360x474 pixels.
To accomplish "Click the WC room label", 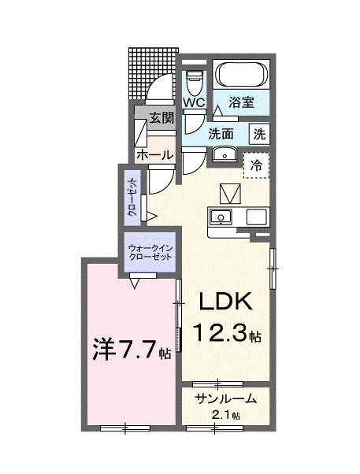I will click(x=194, y=103).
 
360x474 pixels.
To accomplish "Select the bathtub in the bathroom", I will click(x=242, y=76).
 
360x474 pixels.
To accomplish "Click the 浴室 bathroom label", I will click(x=242, y=102).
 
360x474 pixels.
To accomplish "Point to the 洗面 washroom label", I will click(x=221, y=134).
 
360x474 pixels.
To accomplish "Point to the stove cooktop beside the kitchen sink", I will click(x=257, y=217).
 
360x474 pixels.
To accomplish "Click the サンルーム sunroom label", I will click(x=225, y=398).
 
